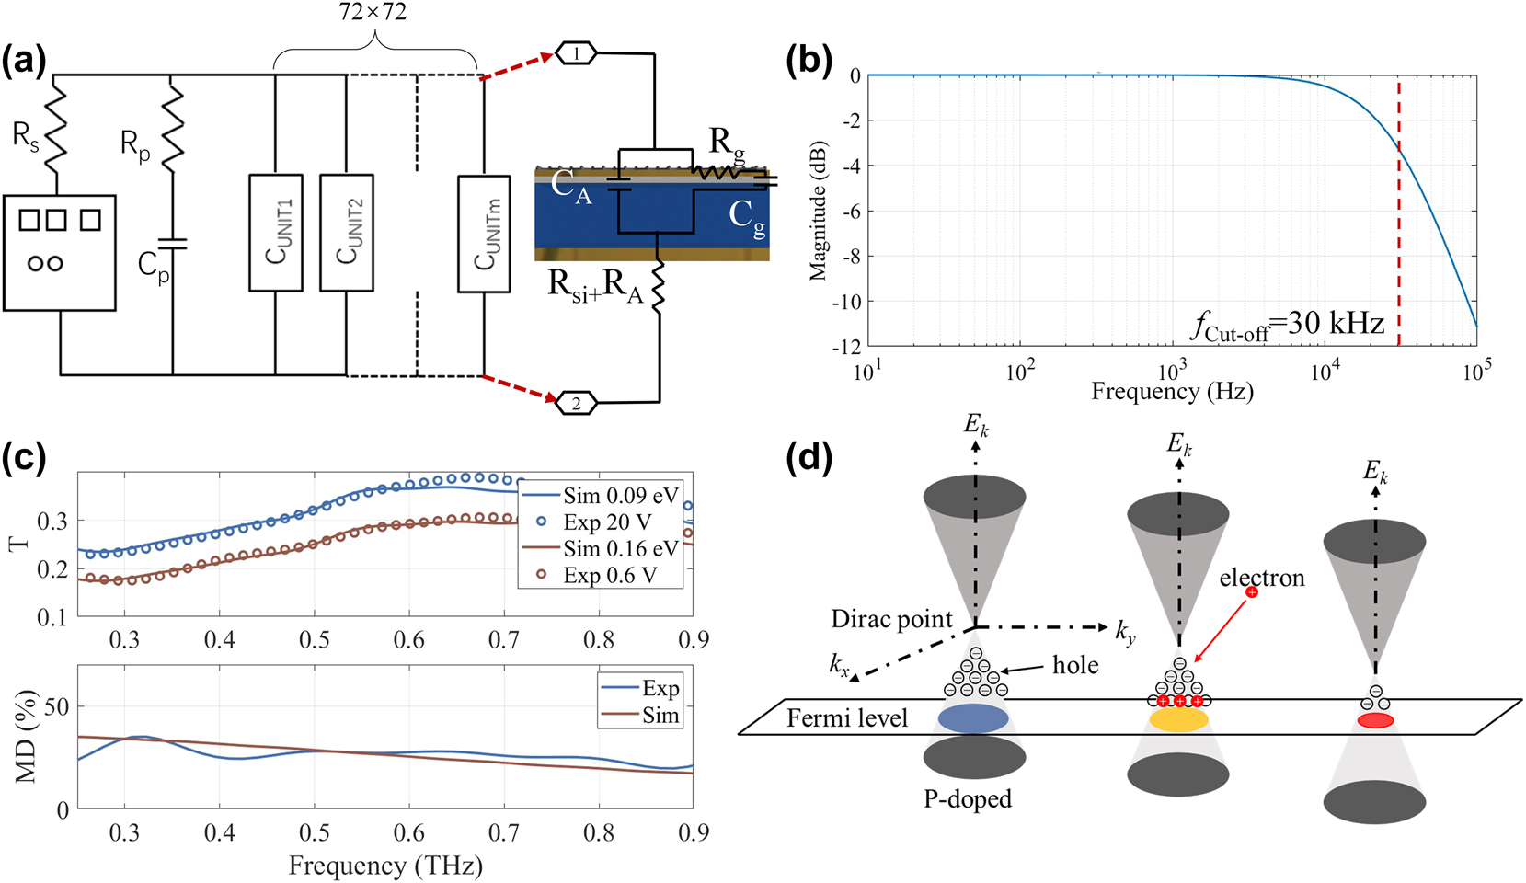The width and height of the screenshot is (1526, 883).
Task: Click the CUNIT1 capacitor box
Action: coord(276,232)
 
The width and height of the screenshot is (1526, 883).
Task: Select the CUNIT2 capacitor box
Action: coord(347,232)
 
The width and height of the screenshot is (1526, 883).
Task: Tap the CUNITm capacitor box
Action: coord(484,234)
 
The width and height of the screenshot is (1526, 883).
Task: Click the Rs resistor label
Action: coord(25,138)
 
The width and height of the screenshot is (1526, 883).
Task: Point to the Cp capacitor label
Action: coord(153,268)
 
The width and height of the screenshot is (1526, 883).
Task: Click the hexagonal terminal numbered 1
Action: coord(577,54)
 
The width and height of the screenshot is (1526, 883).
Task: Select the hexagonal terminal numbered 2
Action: coord(577,403)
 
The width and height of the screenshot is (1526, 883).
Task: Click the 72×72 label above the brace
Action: coord(373,12)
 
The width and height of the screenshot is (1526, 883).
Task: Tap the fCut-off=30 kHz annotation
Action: coord(1288,325)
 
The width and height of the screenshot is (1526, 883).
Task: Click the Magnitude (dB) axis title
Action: coord(818,211)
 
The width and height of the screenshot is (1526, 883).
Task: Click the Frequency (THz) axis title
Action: coord(385,866)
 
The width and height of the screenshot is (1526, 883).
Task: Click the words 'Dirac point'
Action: coord(891,619)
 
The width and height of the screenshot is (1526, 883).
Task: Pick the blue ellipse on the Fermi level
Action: coord(973,718)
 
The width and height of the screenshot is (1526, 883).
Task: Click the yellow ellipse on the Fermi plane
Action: coord(1178,719)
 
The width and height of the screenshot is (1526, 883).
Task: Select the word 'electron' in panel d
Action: coord(1262,578)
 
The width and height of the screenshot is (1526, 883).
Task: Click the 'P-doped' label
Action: coord(968,799)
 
